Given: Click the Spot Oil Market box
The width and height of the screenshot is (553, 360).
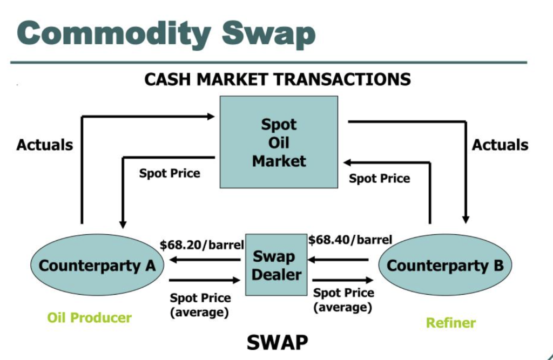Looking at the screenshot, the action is [x=279, y=142].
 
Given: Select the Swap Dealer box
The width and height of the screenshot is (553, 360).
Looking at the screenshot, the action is [x=276, y=265].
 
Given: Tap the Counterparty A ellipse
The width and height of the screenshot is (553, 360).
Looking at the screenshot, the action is [x=97, y=265].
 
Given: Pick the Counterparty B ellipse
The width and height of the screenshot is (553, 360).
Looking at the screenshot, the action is [x=445, y=265].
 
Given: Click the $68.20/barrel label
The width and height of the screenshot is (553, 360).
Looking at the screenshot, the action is [x=202, y=244].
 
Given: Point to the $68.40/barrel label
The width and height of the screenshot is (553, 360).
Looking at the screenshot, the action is [x=350, y=240].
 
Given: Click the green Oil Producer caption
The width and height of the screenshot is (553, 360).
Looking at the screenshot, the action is [x=89, y=318].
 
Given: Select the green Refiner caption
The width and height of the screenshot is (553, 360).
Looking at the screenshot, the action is [x=451, y=323].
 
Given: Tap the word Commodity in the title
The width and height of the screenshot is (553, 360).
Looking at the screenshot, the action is [x=113, y=34].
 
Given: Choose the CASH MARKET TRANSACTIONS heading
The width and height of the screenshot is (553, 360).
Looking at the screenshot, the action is [x=278, y=79].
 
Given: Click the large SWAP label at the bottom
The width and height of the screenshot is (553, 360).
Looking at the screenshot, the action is [x=277, y=342].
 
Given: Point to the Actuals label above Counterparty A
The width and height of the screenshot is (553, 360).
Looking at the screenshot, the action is [x=45, y=145].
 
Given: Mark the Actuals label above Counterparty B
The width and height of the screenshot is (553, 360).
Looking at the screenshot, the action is [x=500, y=145].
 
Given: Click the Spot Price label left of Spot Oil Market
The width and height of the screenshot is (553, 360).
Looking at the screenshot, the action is [x=170, y=173].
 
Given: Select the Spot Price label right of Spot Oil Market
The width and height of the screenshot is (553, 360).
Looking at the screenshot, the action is [x=380, y=179].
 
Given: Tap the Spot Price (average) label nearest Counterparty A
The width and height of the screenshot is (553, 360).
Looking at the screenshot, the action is [x=200, y=305].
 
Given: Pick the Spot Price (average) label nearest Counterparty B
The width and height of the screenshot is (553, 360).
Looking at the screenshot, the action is [x=343, y=300].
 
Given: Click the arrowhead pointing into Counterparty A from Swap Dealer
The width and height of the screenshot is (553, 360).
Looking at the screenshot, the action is [x=173, y=260].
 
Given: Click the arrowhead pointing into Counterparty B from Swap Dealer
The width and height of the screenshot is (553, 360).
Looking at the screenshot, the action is [x=369, y=280].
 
